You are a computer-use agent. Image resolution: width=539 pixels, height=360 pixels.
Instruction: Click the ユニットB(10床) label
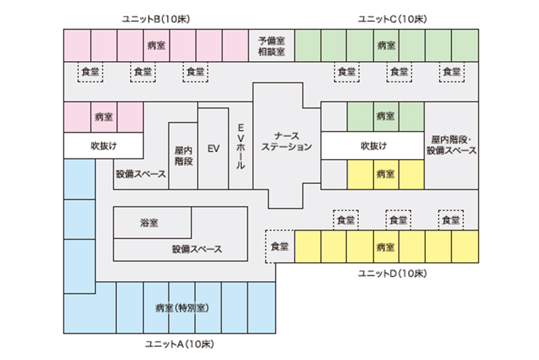(156, 19)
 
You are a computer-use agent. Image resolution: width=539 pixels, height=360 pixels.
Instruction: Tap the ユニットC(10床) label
(392, 19)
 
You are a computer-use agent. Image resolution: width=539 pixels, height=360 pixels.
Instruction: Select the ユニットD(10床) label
(392, 273)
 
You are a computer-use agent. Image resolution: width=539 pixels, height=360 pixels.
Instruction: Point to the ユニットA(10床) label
(179, 344)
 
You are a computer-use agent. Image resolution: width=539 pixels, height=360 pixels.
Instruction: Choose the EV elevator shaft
(213, 148)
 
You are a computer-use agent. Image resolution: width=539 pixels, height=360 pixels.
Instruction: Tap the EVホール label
(241, 146)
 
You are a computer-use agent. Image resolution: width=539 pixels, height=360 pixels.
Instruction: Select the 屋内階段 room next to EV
(183, 156)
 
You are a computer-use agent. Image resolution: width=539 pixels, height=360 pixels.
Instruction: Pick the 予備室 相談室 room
(271, 46)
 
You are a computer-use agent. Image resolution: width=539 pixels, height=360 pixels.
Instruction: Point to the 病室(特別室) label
(182, 308)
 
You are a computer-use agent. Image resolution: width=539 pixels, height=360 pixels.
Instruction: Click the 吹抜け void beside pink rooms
(103, 146)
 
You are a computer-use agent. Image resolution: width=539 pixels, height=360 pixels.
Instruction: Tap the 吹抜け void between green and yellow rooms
(373, 146)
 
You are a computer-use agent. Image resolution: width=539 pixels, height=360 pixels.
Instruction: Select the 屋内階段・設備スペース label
(452, 145)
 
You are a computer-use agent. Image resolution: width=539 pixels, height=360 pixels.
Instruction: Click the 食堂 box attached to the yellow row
(280, 246)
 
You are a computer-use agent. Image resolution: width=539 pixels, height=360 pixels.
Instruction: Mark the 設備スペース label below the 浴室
(197, 249)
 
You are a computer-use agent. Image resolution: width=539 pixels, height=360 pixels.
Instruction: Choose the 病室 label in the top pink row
(156, 45)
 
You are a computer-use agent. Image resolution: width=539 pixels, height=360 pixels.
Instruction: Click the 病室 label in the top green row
(386, 45)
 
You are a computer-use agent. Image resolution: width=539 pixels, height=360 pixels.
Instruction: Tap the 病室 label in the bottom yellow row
(385, 247)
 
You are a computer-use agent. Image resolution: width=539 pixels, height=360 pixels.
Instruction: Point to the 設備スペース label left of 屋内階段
(141, 174)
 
